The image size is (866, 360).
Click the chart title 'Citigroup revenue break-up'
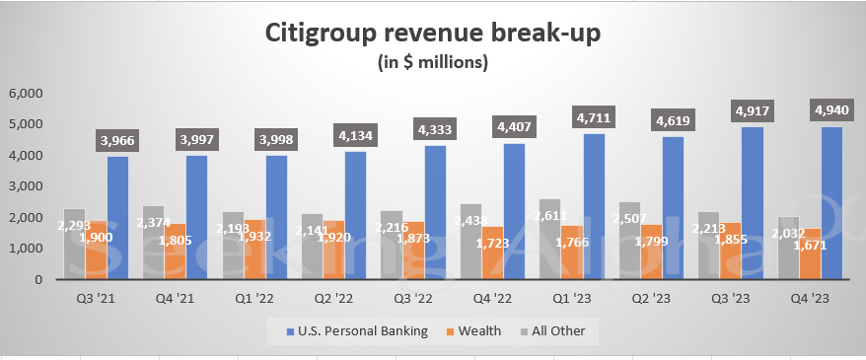[433, 33]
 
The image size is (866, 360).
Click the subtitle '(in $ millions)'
[433, 63]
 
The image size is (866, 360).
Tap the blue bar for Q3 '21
[117, 218]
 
